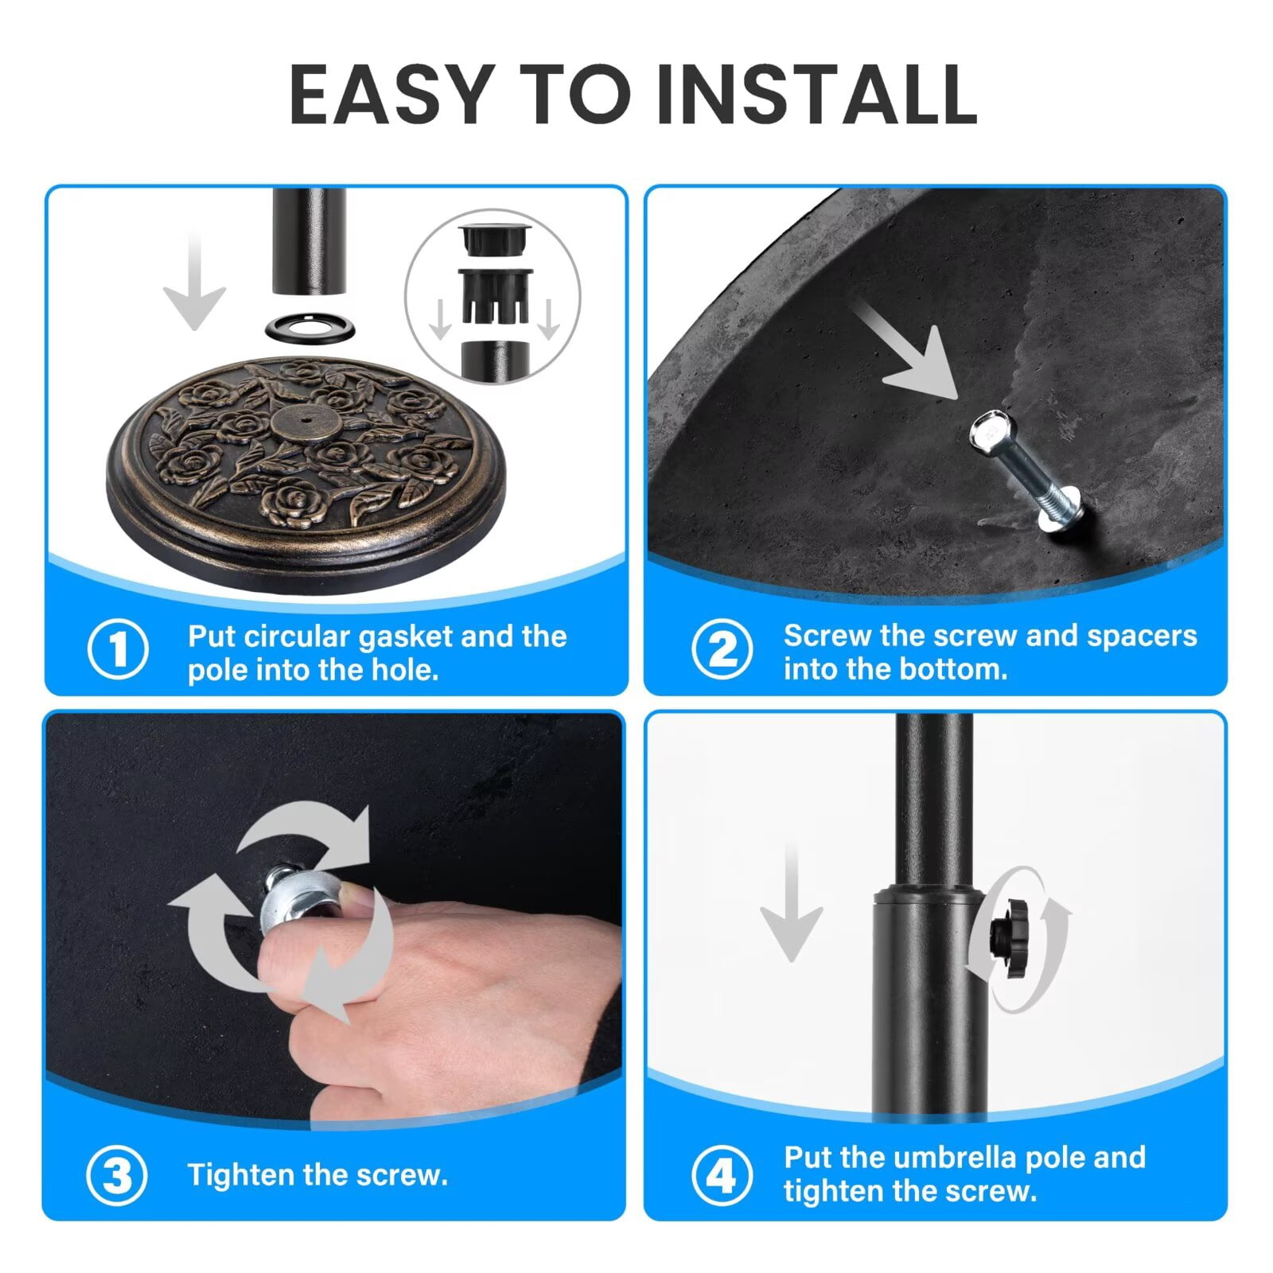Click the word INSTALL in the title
(818, 95)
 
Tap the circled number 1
(118, 648)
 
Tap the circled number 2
(722, 648)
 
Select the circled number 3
(117, 1175)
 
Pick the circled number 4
(722, 1175)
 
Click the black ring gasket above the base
(308, 326)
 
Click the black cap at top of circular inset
(493, 239)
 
